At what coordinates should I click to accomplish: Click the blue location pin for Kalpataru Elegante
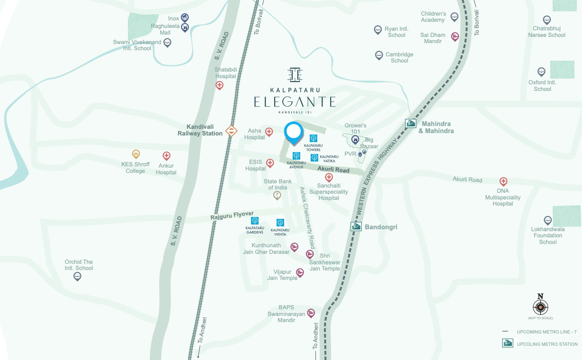click(x=294, y=132)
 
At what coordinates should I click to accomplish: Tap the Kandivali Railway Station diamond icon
click(x=231, y=130)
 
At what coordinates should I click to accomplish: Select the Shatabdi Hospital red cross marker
click(x=219, y=85)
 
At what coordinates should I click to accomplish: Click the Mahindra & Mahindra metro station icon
click(x=411, y=124)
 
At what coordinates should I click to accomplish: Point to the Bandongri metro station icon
click(x=356, y=226)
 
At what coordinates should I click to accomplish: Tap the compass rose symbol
click(x=540, y=307)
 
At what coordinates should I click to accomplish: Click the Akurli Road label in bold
click(x=333, y=170)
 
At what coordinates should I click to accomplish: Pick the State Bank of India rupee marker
click(x=278, y=195)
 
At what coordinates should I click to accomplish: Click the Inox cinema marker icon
click(x=185, y=18)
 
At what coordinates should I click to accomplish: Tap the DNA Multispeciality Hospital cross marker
click(x=503, y=181)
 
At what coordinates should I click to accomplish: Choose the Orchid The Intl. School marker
click(x=78, y=276)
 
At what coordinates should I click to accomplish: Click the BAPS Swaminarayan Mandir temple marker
click(x=311, y=313)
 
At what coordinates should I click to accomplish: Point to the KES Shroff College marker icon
click(x=136, y=154)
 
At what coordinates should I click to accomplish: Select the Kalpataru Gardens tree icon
click(x=255, y=221)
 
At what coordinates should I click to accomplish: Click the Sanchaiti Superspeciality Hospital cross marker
click(x=329, y=177)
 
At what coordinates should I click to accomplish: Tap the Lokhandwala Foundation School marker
click(x=547, y=221)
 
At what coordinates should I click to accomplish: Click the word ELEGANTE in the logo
click(x=295, y=102)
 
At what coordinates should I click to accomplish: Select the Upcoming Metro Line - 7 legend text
click(x=546, y=332)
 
